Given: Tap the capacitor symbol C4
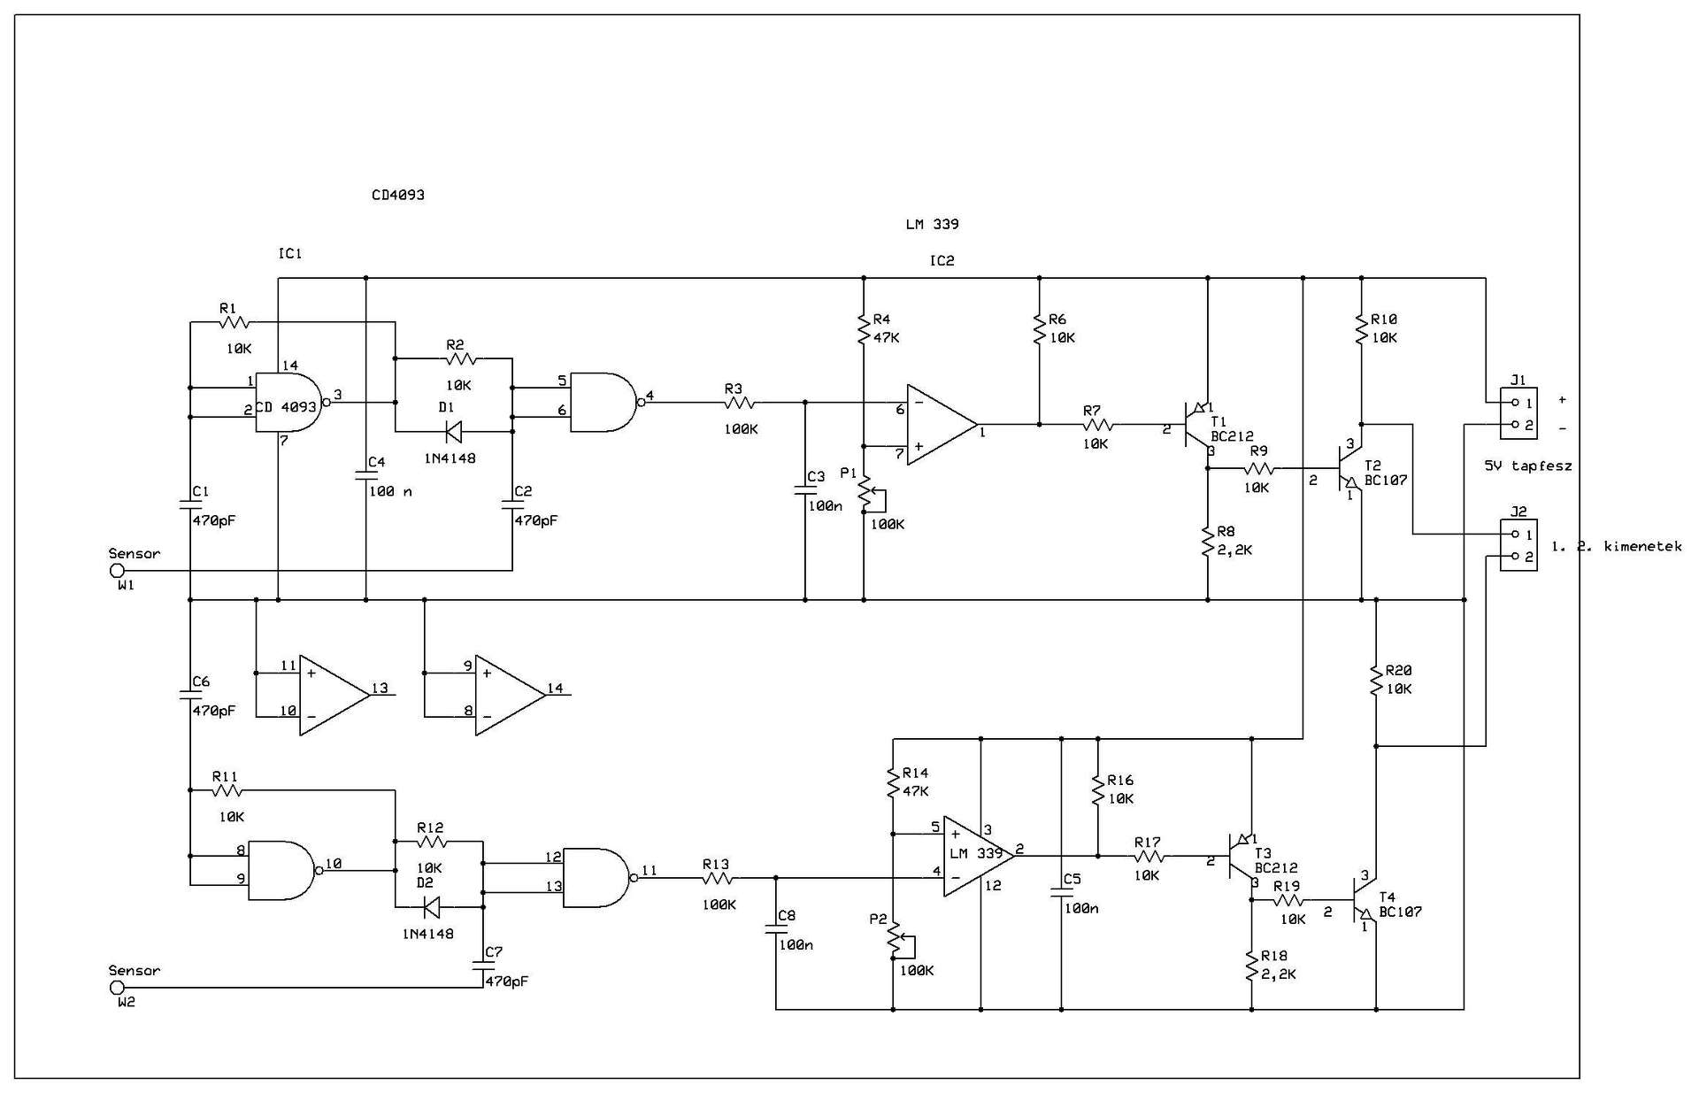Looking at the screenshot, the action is click(366, 476).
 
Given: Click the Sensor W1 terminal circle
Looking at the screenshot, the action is click(117, 571).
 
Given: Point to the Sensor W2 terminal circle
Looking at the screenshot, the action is click(117, 988).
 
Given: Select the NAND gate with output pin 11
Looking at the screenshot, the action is click(598, 878).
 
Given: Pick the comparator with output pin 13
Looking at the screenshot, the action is click(334, 695).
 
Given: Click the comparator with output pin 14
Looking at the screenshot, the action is click(511, 695).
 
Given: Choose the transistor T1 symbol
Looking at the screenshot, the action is click(1197, 427).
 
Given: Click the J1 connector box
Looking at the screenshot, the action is click(1518, 414).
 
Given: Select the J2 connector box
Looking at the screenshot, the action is click(1518, 545).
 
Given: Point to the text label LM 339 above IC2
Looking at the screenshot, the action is click(932, 224).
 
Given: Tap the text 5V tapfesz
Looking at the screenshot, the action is click(1528, 466).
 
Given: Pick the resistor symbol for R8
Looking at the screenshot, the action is click(1208, 541).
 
